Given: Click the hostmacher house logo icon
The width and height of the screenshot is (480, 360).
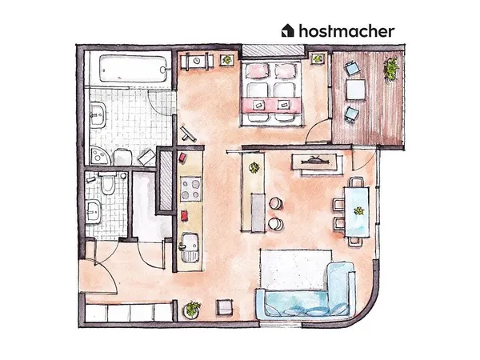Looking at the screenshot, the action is (x=287, y=30).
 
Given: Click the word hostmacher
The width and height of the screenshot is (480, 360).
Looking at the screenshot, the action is (x=347, y=31).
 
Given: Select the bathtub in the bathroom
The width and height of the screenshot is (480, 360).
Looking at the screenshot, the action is (x=134, y=69).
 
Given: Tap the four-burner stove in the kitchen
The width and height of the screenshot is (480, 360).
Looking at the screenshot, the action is (x=190, y=189).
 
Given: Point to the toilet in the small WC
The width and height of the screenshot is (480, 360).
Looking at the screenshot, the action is (x=107, y=182).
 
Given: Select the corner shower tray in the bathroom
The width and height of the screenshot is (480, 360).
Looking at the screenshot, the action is (x=99, y=155).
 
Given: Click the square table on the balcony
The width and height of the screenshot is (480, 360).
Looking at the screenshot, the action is (x=356, y=90).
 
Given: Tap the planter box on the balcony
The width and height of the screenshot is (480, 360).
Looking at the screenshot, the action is (x=391, y=70).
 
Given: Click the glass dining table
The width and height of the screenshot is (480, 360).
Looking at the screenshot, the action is (x=357, y=211).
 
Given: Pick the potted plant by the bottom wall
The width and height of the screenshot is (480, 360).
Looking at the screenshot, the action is (x=192, y=309).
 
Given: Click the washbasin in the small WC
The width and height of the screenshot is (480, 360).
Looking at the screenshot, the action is (x=93, y=211).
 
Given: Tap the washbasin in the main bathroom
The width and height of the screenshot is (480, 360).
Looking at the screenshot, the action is (x=98, y=114).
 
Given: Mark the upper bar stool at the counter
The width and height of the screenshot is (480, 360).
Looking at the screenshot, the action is (x=276, y=203).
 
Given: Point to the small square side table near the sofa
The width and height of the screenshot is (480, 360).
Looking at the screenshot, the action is (x=225, y=307).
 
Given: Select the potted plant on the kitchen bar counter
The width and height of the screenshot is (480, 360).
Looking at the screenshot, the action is (x=254, y=168).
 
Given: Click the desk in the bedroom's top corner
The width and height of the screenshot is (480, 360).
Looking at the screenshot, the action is (x=197, y=62).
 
